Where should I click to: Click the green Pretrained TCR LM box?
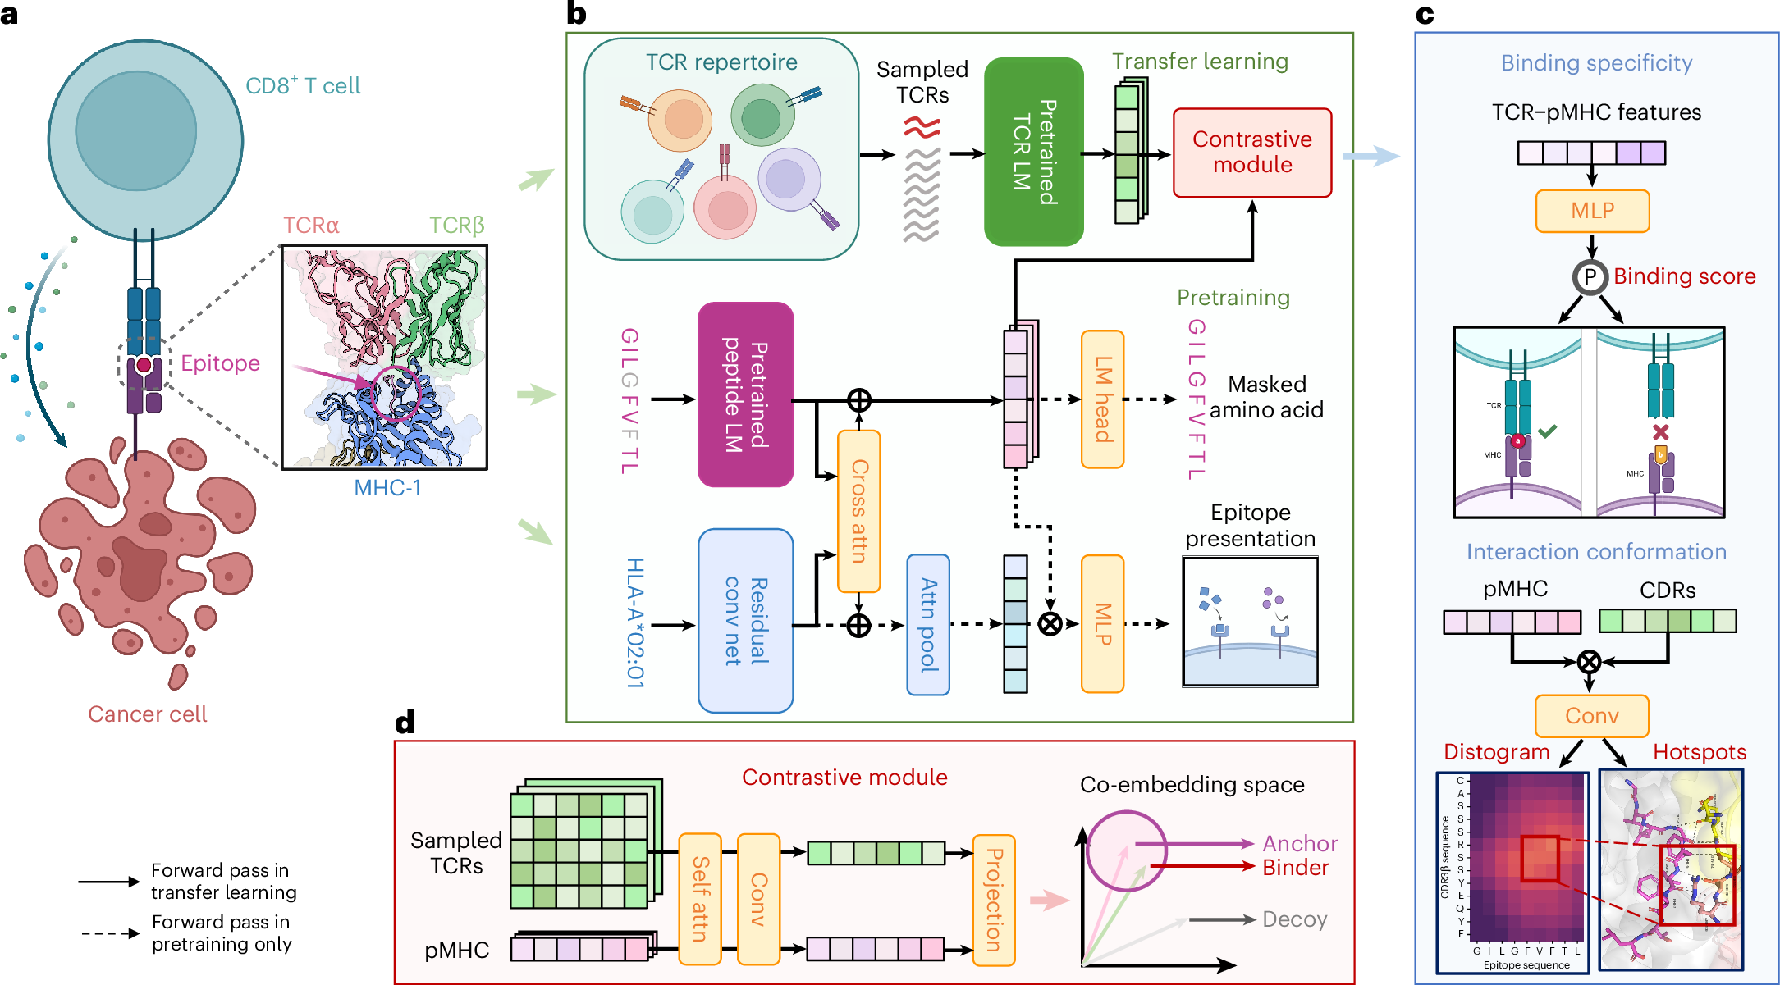1033,152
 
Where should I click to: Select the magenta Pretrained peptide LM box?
745,394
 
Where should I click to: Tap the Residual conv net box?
745,620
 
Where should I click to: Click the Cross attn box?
858,511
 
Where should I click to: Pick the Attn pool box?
928,625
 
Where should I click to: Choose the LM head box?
1102,399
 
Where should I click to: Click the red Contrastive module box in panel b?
1251,153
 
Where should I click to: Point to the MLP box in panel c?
1592,211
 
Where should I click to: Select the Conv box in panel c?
1591,716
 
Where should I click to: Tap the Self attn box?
700,899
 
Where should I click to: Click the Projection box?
994,900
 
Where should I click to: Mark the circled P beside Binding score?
1590,277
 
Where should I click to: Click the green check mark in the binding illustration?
1548,431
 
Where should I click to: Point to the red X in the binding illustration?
1661,431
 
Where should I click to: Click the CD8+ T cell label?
303,85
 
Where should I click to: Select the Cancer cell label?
148,714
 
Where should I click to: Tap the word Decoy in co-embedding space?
1294,919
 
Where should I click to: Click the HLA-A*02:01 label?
635,622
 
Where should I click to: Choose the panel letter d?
405,723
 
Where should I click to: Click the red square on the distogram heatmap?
1539,859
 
